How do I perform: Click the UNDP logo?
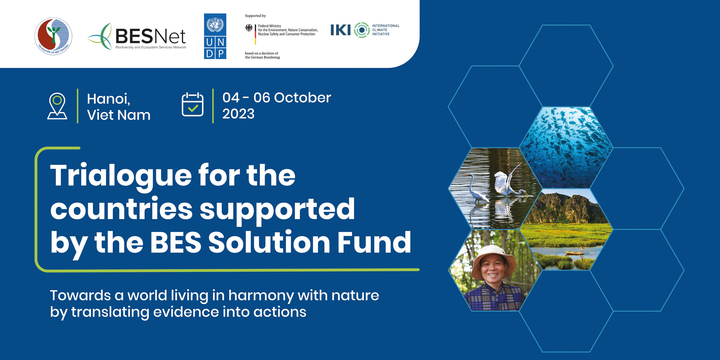tap(215, 36)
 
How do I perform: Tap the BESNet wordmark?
tap(150, 37)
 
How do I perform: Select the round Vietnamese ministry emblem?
tap(53, 36)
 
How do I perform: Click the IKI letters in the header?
tap(340, 30)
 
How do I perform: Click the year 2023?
tap(238, 114)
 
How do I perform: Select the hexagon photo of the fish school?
tap(566, 148)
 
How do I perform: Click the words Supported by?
tap(255, 16)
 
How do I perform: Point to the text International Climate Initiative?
tap(386, 30)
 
